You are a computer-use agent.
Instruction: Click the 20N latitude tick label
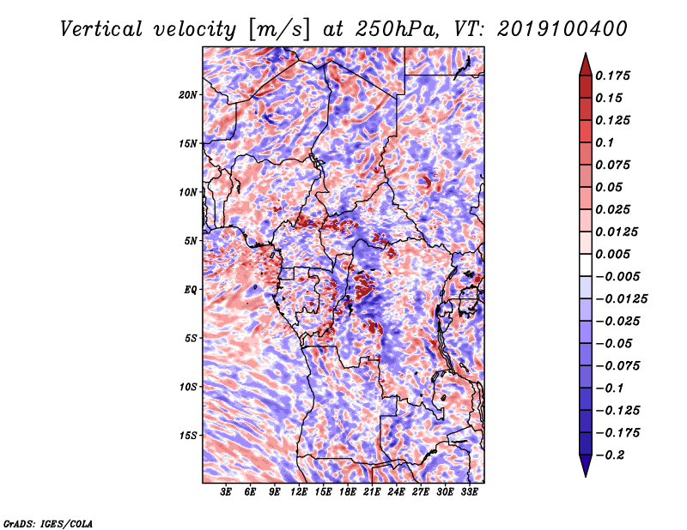(188, 95)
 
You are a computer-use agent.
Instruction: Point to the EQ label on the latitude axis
(190, 290)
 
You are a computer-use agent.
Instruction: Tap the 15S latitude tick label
(188, 436)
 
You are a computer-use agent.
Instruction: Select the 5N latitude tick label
(191, 241)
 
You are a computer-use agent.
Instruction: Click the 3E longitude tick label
(226, 492)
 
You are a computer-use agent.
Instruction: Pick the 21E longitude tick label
(372, 492)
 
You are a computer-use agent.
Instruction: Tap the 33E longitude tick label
(469, 492)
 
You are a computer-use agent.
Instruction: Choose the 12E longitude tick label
(298, 492)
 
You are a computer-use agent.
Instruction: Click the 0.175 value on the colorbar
(612, 75)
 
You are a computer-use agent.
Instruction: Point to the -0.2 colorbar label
(610, 455)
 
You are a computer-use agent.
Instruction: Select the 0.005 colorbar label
(612, 254)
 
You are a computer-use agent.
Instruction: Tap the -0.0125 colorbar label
(621, 299)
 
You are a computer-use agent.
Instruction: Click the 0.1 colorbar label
(605, 142)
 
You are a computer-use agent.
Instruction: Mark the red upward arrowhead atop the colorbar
(586, 64)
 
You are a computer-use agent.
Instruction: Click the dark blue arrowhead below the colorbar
(586, 466)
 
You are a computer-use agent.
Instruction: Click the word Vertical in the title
(101, 29)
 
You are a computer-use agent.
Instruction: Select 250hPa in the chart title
(396, 29)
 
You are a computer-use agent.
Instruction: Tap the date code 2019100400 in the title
(562, 29)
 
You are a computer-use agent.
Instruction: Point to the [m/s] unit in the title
(279, 30)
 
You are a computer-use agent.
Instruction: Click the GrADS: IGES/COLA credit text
(48, 523)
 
